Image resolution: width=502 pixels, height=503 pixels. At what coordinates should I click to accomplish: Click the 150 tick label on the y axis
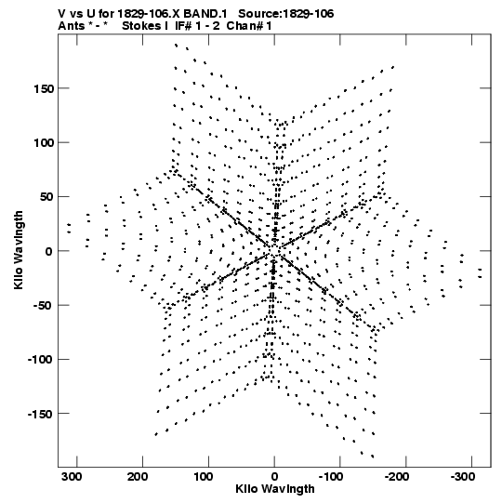point(44,89)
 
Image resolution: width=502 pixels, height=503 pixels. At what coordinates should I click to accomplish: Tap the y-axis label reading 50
point(46,197)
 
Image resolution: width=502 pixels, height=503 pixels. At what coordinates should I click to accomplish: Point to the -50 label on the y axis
point(43,305)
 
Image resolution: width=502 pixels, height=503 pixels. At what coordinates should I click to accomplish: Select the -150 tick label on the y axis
point(40,414)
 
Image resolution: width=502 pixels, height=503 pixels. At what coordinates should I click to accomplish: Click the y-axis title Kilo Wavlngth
point(19,250)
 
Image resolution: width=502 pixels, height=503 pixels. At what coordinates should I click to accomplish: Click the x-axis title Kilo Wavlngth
point(275,489)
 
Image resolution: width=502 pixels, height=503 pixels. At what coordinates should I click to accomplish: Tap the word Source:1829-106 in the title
point(286,14)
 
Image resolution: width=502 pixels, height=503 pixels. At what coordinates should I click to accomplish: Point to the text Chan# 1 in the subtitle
point(249,26)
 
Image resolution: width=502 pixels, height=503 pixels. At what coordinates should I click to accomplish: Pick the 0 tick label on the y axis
point(48,252)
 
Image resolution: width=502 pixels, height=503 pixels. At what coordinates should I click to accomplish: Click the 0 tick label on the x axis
point(274,477)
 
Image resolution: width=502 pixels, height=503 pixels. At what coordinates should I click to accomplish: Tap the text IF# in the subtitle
point(183,26)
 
